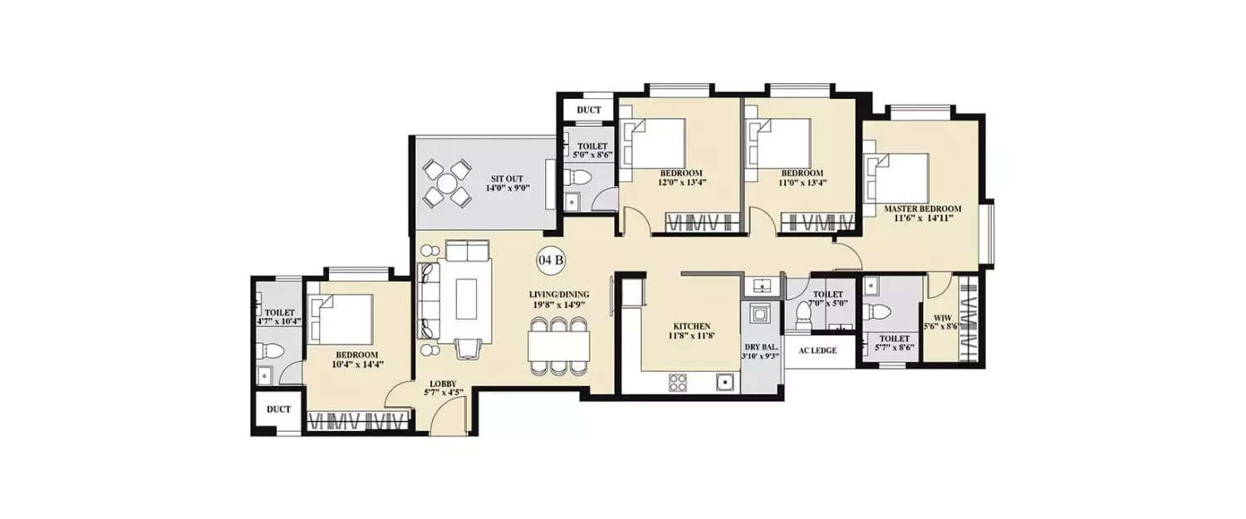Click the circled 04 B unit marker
pos(552,260)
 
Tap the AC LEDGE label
pos(818,350)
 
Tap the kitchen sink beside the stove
pos(725,382)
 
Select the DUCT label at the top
pos(588,110)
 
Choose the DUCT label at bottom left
pos(279,409)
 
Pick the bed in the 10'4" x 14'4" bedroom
pos(341,319)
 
